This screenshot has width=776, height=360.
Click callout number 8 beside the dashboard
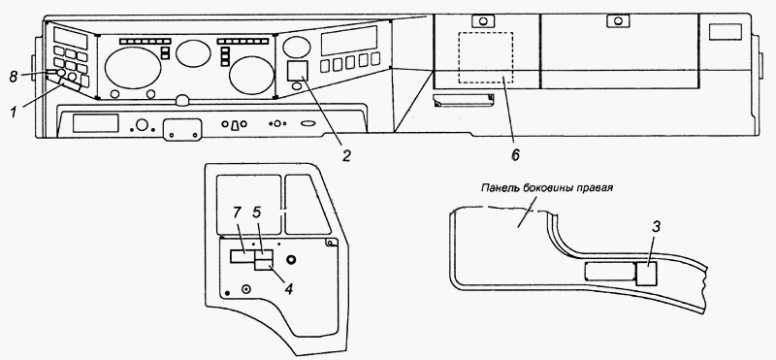pos(13,77)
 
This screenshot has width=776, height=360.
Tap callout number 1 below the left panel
pos(14,112)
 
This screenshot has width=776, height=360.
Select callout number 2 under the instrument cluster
pos(346,156)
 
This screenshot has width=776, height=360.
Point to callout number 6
pos(515,155)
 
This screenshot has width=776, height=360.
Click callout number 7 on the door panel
pos(237,213)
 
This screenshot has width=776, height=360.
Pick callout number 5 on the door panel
pos(257,213)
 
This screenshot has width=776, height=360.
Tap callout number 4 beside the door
pos(289,288)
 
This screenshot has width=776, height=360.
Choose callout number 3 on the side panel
pos(656,227)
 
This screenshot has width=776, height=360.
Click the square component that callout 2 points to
pos(298,70)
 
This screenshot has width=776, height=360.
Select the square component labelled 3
pos(646,274)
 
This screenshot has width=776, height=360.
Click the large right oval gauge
pos(252,76)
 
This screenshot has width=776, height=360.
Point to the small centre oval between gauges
pos(193,53)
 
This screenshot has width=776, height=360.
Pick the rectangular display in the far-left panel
pos(70,38)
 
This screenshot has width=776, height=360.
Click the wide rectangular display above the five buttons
pos(349,41)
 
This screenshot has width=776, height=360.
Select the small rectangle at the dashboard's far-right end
pos(725,32)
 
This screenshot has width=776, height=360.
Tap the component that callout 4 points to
pos(264,265)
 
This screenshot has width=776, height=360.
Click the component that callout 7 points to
pos(242,256)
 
